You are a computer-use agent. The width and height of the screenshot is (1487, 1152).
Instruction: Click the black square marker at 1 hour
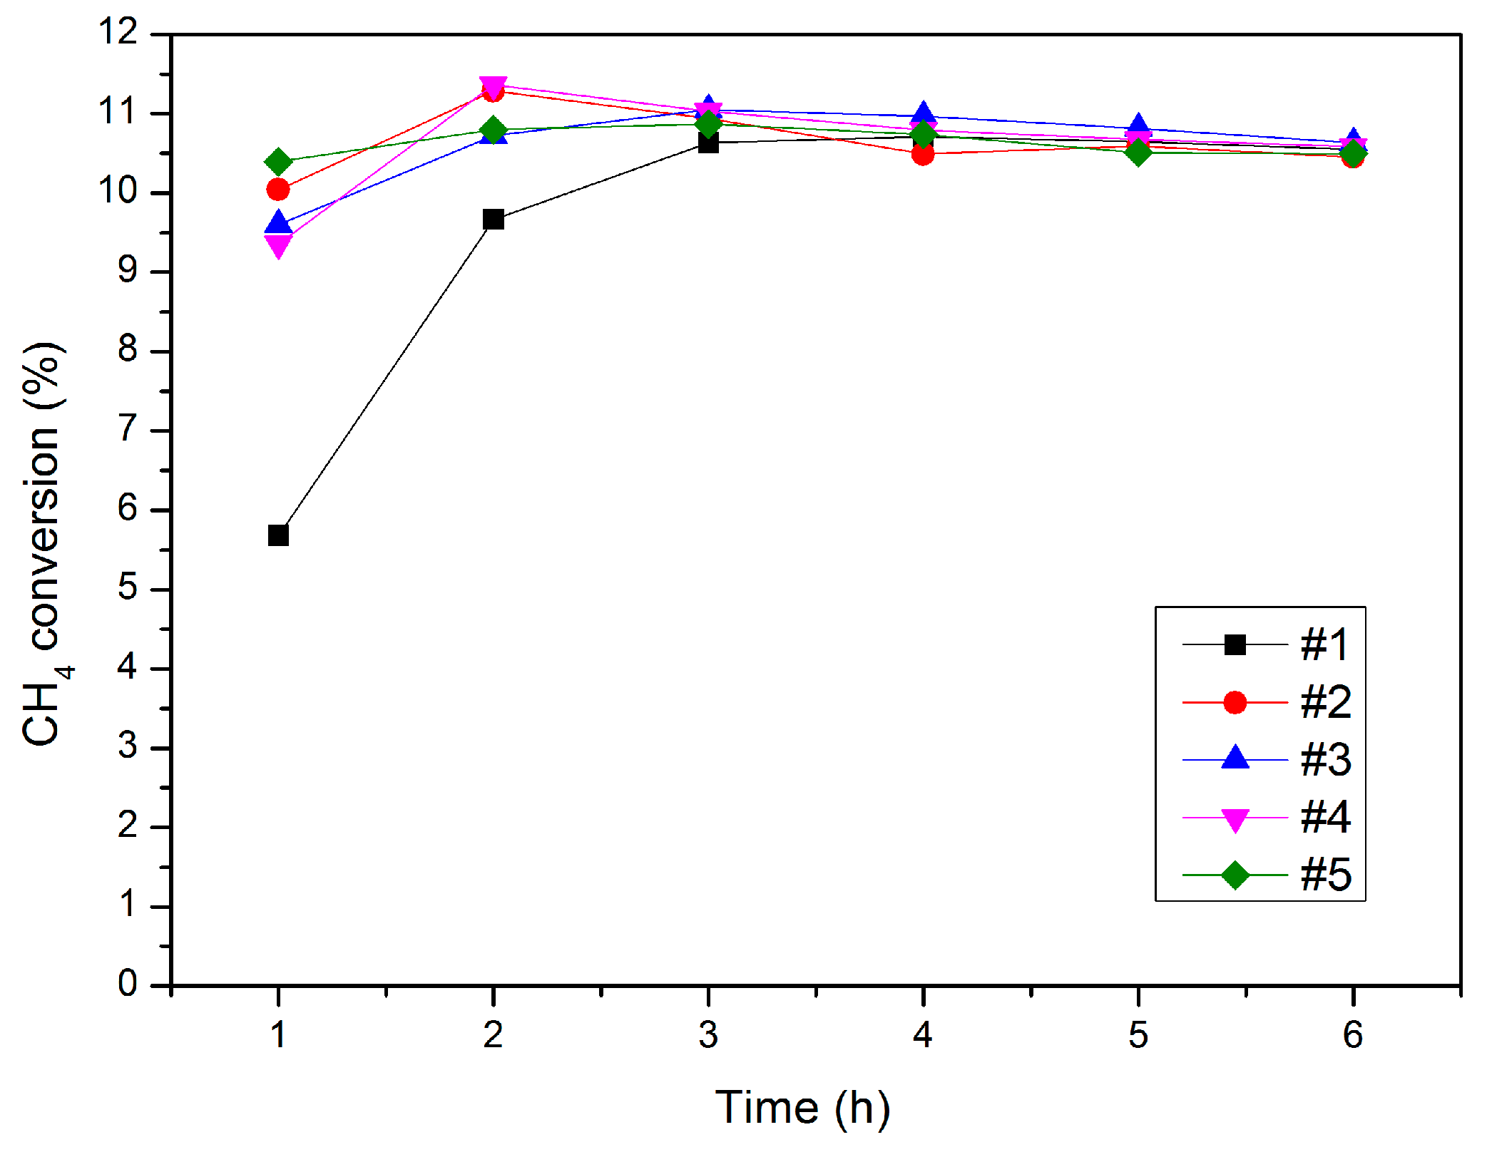click(x=278, y=535)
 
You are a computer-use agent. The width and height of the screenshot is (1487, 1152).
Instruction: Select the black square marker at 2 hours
click(x=493, y=220)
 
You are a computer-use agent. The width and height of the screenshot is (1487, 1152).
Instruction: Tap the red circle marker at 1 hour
click(x=278, y=190)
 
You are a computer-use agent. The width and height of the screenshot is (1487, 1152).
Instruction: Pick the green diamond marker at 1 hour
click(x=278, y=162)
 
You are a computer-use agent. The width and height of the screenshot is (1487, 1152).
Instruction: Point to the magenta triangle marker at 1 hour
click(x=278, y=245)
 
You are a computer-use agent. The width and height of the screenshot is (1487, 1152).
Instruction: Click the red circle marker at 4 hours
click(x=923, y=154)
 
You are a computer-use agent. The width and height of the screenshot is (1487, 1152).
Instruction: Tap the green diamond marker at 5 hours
click(x=1138, y=152)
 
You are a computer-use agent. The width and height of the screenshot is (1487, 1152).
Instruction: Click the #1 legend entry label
click(x=1324, y=645)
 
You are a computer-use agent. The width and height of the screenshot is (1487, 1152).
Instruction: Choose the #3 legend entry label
click(x=1325, y=760)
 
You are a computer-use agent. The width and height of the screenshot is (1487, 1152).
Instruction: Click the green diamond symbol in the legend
click(x=1235, y=875)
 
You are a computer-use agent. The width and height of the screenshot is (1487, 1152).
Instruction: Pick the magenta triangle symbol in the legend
click(x=1235, y=819)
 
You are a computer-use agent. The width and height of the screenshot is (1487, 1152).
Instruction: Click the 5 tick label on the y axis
click(x=128, y=589)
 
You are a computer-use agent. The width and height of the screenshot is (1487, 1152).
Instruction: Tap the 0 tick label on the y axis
click(x=128, y=984)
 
